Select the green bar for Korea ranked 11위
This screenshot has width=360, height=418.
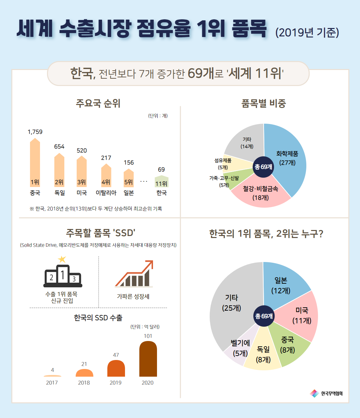(x=161, y=182)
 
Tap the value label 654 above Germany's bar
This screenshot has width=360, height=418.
(x=59, y=147)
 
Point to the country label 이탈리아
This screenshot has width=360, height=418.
(x=106, y=193)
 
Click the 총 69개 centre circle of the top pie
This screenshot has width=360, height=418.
(x=263, y=167)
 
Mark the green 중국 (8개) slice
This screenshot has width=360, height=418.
(x=289, y=347)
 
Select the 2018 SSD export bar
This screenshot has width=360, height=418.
(x=84, y=373)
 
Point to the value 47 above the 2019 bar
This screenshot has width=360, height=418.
(x=116, y=355)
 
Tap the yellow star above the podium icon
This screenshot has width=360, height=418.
(x=62, y=259)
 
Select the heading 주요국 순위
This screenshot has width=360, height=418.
(x=98, y=103)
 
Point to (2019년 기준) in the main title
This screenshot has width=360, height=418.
(x=307, y=32)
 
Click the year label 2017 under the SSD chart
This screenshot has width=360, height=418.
(x=52, y=383)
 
